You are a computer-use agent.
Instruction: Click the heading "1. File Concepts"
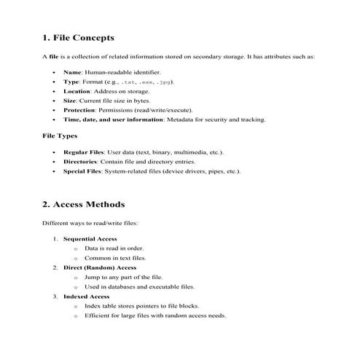(x=79, y=37)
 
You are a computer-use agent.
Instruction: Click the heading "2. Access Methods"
(x=84, y=204)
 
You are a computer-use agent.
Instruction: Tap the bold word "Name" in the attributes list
(x=73, y=73)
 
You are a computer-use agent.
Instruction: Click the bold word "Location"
(x=78, y=91)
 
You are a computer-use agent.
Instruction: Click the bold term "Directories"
(x=81, y=162)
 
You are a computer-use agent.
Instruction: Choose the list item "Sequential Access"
(x=90, y=239)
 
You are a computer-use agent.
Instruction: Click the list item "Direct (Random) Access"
(x=100, y=267)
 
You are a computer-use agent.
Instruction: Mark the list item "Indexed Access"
(x=86, y=297)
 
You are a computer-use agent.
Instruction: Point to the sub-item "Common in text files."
(x=115, y=258)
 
